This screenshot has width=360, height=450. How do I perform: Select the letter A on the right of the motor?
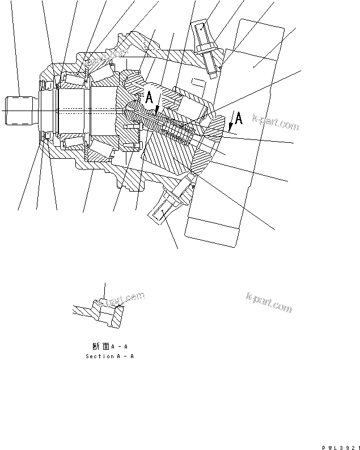pos(239,118)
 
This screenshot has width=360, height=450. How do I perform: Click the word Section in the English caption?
pos(98,356)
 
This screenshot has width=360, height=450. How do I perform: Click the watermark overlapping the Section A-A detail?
pos(122,298)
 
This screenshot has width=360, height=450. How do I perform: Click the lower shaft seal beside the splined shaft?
pos(45,137)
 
